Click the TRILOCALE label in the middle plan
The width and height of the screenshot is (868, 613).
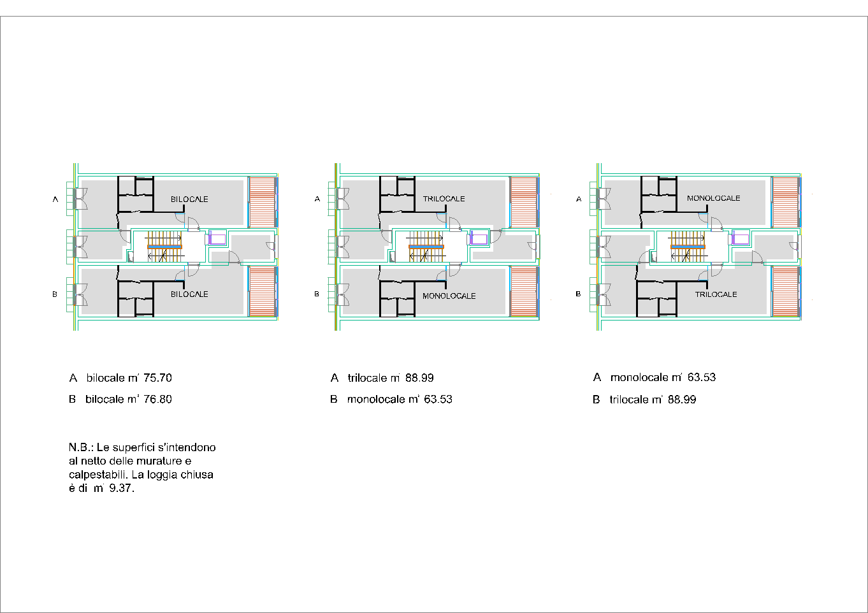coord(444,199)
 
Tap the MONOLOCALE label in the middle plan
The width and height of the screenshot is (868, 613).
coord(449,296)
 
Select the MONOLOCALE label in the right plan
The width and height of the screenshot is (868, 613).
coord(713,198)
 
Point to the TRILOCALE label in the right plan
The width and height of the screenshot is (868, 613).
coord(716,294)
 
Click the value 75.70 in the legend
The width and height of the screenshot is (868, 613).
coord(157,378)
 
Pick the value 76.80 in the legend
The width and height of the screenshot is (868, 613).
coord(157,400)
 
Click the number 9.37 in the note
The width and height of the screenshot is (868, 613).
coord(121,489)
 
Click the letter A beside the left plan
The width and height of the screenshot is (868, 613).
coord(55,199)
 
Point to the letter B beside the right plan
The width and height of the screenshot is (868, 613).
coord(578,294)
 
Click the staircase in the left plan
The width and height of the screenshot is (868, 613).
coord(165,246)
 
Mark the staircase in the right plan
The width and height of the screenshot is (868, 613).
coord(688,246)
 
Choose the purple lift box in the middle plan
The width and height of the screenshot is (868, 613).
coord(479,239)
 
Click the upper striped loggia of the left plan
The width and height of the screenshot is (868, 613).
coord(262,202)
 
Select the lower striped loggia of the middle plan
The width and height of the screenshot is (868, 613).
coord(523,291)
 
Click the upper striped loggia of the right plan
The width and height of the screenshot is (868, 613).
coord(785,202)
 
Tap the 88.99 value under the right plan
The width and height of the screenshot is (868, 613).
coord(682,400)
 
